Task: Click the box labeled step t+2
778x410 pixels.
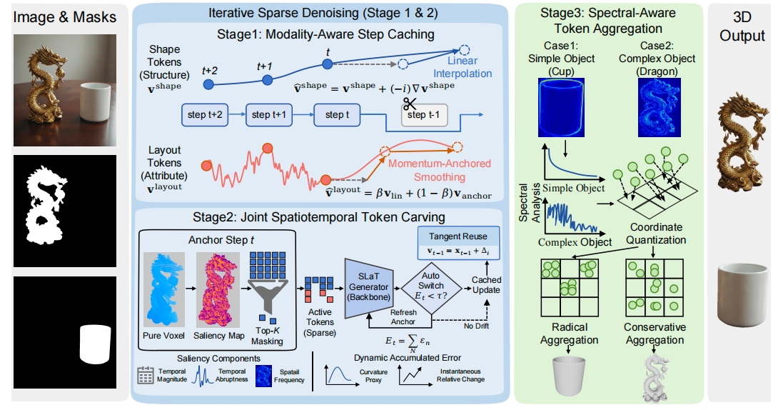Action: (205, 115)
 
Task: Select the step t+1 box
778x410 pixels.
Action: (268, 115)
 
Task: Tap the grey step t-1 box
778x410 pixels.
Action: (424, 115)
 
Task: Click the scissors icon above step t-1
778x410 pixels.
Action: (410, 104)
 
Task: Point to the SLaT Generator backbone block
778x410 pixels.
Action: (368, 287)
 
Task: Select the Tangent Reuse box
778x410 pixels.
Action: (458, 244)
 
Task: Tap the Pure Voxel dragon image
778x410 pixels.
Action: (163, 289)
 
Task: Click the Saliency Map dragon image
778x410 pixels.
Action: (218, 289)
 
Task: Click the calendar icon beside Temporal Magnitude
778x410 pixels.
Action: (146, 375)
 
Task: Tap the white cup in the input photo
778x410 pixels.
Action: (95, 102)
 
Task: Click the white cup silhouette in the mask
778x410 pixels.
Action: (95, 344)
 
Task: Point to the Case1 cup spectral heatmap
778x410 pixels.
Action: (561, 107)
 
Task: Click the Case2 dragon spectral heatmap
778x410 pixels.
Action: (660, 107)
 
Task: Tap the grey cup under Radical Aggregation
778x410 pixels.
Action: (569, 375)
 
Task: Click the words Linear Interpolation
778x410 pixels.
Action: (463, 67)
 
